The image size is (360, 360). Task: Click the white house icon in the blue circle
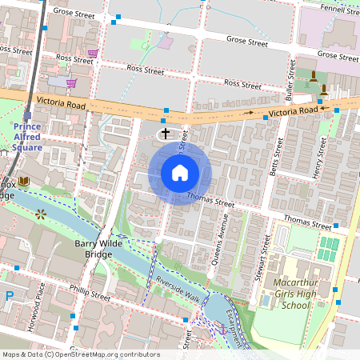(x=180, y=172)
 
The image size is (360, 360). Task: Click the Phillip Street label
(x=90, y=294)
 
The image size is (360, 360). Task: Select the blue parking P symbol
(x=9, y=295)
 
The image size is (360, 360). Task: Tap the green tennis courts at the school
(x=328, y=249)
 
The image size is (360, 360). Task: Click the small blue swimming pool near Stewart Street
(x=265, y=301)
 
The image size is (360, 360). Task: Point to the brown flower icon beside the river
(x=41, y=214)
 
